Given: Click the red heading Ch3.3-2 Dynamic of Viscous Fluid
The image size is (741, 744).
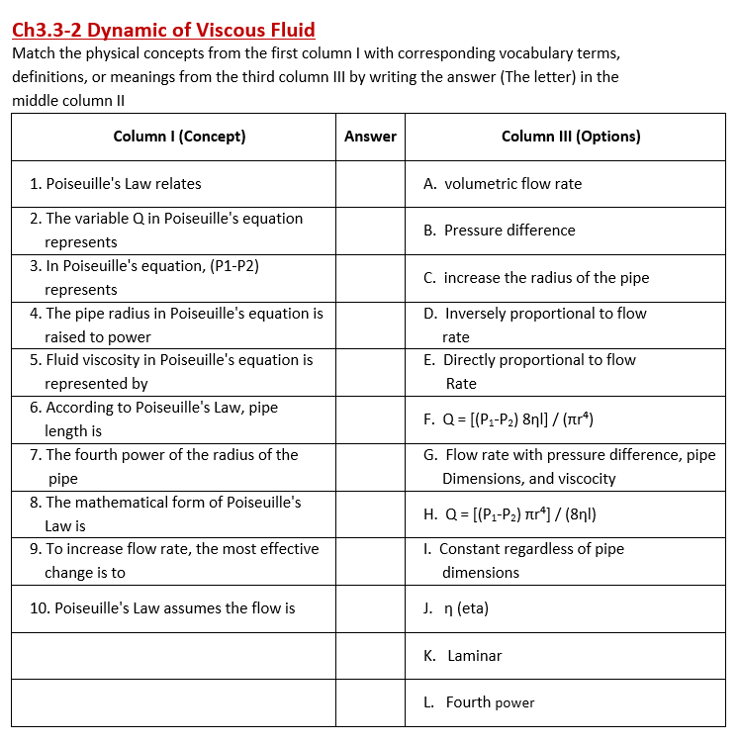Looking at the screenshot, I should pos(163,30).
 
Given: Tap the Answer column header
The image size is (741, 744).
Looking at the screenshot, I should pos(370,137).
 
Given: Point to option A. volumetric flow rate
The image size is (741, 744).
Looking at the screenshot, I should pos(503,184).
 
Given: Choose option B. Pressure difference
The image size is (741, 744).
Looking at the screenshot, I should pos(500,231).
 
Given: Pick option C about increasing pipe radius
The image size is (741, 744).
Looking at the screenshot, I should pos(536,278).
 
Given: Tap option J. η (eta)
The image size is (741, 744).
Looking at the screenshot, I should pos(456,608).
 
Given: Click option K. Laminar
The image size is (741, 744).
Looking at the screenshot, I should pos(463,656).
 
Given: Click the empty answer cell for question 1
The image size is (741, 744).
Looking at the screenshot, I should pos(370,184).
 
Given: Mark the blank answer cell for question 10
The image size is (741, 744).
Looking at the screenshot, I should pos(370,608).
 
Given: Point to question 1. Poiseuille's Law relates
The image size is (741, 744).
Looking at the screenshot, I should pos(116,184).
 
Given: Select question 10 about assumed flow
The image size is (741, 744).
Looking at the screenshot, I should pos(162,608).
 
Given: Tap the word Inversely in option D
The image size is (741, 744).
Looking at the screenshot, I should pos(479,314).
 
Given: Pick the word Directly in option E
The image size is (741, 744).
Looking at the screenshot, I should pos(473,360).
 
